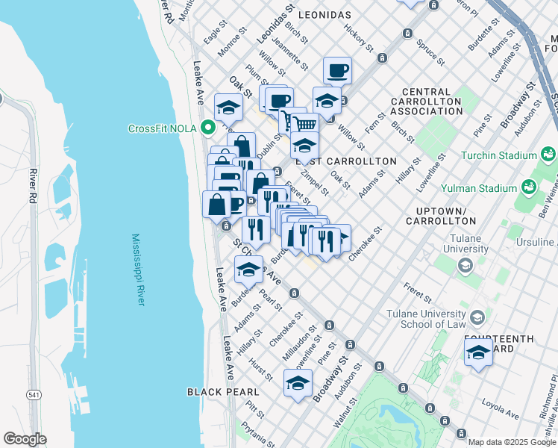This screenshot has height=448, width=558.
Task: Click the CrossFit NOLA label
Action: coord(162,128)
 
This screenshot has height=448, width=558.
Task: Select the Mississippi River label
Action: coord(138,270)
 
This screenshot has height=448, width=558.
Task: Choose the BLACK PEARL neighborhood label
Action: coord(223,391)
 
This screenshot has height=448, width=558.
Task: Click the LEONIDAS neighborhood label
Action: coord(324,15)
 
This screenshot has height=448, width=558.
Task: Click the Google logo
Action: coord(25,439)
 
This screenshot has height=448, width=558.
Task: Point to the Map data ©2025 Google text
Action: coord(512,442)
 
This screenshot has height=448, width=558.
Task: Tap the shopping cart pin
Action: coord(304,124)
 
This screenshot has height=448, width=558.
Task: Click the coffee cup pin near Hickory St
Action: coord(338,71)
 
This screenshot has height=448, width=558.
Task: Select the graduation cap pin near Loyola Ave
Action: coord(478,353)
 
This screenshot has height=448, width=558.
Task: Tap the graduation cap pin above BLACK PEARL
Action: coord(298,383)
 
